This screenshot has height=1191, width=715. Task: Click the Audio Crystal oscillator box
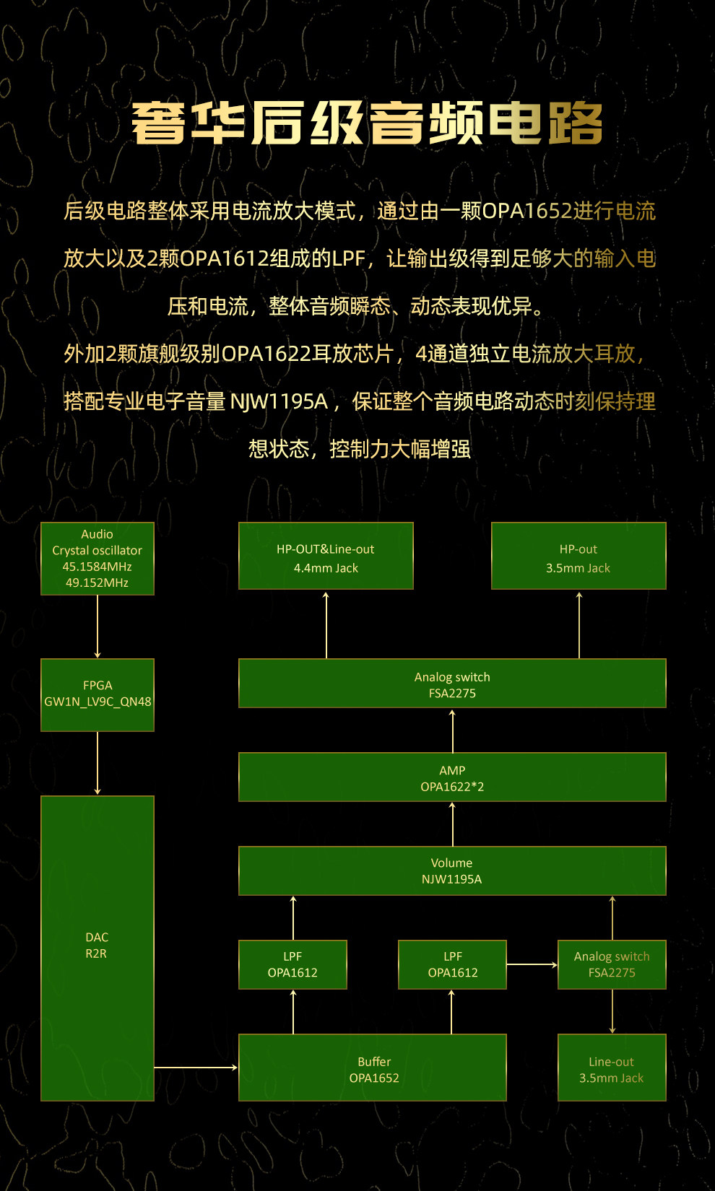[x=97, y=558]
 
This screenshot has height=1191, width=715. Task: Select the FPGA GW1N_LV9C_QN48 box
[x=97, y=694]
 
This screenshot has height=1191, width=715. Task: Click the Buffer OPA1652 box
[x=373, y=1068]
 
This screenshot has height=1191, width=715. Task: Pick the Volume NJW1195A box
[x=452, y=871]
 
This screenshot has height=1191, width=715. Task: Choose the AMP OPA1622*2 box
[x=452, y=777]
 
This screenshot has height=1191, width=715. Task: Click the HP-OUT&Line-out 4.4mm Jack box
[x=326, y=556]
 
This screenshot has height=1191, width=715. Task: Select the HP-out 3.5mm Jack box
[x=578, y=556]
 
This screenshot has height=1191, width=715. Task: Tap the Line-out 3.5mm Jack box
[x=612, y=1068]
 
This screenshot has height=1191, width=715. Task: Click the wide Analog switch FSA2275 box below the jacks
[x=452, y=684]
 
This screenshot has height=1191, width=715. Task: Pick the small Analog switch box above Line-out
[x=612, y=964]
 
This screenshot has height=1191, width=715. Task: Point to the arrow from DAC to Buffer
[x=196, y=1067]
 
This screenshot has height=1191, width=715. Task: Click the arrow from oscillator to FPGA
[x=97, y=627]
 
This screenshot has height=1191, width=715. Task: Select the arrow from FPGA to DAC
[x=97, y=763]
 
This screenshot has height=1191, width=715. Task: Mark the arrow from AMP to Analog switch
[x=453, y=730]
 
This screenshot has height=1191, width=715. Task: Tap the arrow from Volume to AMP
[x=453, y=824]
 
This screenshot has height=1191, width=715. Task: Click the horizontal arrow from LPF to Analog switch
[x=532, y=964]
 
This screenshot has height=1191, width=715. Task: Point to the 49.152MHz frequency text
[x=97, y=583]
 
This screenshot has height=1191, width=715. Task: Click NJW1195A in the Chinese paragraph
[x=279, y=401]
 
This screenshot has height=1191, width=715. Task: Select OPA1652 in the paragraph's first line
[x=527, y=211]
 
